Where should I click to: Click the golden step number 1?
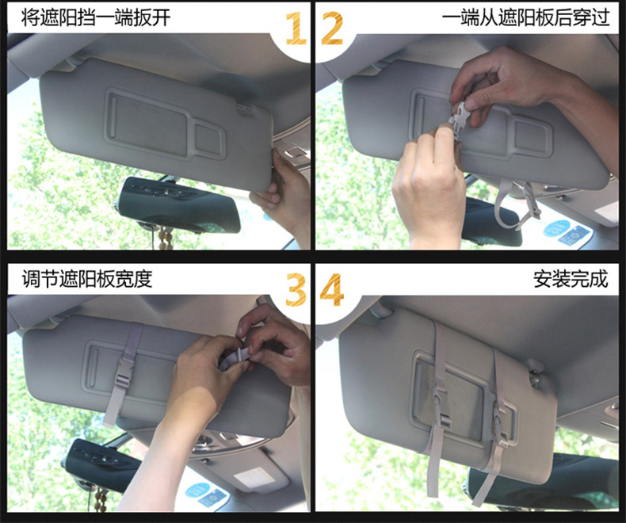[296, 28]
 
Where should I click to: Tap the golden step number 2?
[332, 28]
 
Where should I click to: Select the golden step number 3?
[296, 289]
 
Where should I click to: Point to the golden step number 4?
[332, 289]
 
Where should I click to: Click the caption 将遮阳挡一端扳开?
[96, 17]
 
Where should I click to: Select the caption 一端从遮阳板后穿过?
[525, 17]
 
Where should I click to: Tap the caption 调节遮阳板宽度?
[87, 278]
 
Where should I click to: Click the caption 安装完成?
[571, 279]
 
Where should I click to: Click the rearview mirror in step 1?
[177, 204]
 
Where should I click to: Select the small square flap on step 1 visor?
[209, 139]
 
